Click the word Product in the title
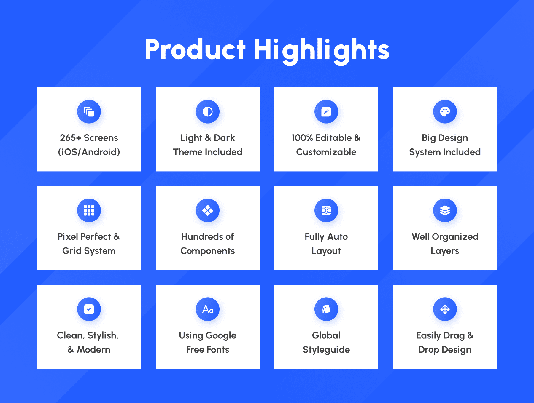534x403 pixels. (195, 50)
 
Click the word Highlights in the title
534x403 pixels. (321, 51)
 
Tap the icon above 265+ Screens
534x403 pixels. (89, 112)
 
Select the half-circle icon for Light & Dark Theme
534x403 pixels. (208, 112)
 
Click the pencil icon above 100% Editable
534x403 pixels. (326, 112)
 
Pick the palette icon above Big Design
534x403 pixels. (445, 112)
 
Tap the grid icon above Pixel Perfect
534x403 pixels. (89, 210)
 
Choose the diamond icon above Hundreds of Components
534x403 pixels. (208, 210)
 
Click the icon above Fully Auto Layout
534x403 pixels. (326, 210)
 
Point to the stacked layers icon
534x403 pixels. (445, 210)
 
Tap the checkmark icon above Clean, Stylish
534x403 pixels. (89, 309)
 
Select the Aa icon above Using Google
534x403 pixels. (208, 309)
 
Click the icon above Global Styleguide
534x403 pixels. (326, 309)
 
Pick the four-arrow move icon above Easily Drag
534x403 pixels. (445, 309)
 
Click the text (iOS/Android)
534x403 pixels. (89, 152)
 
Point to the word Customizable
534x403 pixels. (326, 152)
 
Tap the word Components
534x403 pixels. (208, 251)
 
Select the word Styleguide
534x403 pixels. (326, 350)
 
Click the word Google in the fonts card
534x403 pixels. (221, 336)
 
